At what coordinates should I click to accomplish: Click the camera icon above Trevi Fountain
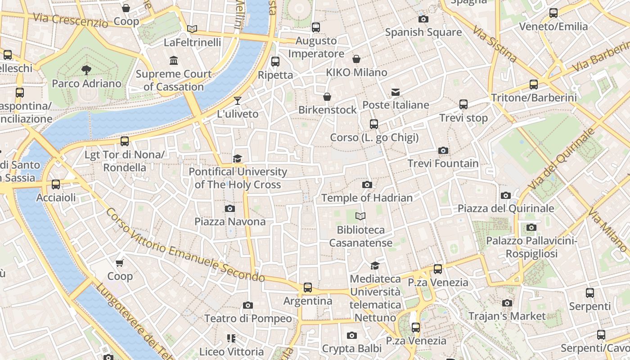pos(443,150)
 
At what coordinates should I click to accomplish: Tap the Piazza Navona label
pos(229,221)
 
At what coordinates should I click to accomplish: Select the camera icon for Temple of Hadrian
pos(367,184)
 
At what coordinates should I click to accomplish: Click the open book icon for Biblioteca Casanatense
pos(360,216)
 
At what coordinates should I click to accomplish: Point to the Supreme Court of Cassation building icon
pos(174,60)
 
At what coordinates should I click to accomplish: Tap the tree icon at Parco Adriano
pos(86,70)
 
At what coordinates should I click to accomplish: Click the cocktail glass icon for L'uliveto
pos(238,100)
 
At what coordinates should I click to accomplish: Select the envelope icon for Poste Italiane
pos(396,92)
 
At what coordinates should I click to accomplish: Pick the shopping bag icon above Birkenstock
pos(327,97)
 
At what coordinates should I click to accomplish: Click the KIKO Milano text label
pos(356,72)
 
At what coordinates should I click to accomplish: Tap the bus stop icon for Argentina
pos(308,287)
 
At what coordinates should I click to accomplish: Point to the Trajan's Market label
pos(507,316)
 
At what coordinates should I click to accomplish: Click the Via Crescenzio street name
pos(71,20)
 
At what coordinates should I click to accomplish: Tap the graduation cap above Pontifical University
pos(237,158)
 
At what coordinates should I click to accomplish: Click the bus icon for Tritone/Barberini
pos(534,84)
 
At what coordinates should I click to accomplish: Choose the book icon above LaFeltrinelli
pos(192,29)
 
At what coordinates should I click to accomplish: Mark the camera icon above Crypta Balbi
pos(352,335)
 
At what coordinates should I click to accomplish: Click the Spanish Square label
pos(423,32)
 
